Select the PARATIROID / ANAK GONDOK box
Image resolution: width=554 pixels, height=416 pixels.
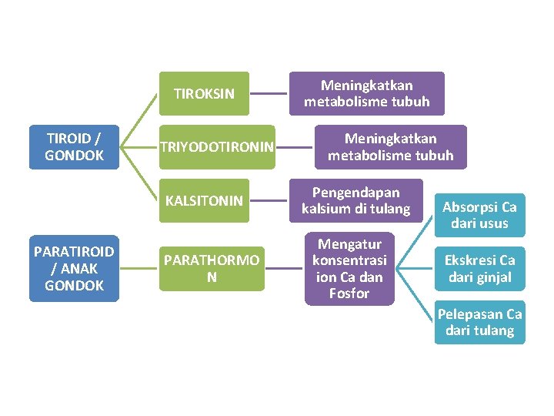point(75,268)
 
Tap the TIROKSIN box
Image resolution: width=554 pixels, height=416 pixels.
point(204,94)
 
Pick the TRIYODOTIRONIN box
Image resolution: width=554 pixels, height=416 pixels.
point(216,147)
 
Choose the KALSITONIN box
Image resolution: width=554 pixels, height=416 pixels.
point(204,200)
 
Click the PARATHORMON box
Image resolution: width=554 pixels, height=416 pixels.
point(212,268)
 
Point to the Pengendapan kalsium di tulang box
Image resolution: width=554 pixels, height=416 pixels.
point(355,200)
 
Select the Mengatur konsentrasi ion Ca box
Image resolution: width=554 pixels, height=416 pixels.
point(349,269)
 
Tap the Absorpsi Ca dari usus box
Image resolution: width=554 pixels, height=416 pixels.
point(479,215)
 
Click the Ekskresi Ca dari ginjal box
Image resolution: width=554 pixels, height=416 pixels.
point(479,268)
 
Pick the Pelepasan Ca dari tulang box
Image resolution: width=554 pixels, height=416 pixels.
point(479,322)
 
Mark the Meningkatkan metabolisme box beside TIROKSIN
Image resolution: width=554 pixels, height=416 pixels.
point(366,93)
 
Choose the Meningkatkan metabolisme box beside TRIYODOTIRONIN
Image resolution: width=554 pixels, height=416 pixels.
point(390,146)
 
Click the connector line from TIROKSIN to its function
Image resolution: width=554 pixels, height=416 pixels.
point(269,94)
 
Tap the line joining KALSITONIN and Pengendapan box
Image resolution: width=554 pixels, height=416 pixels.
point(269,201)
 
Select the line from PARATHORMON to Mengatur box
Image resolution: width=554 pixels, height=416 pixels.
point(284,268)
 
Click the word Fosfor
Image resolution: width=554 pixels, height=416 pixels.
point(349,294)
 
